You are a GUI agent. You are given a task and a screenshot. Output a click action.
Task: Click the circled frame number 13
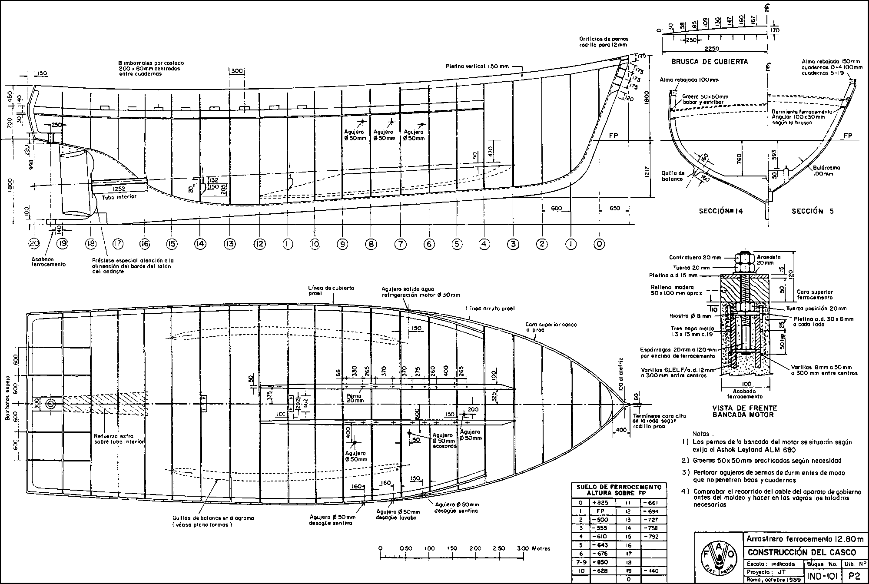(x=229, y=244)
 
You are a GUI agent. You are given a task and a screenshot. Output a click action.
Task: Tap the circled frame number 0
(x=600, y=244)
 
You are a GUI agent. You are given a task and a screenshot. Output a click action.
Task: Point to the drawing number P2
(x=854, y=576)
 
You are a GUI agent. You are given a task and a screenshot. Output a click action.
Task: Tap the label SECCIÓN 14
(x=721, y=211)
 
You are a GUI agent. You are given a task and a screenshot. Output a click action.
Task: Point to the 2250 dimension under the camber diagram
(x=713, y=48)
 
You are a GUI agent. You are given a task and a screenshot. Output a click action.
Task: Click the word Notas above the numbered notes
(x=701, y=434)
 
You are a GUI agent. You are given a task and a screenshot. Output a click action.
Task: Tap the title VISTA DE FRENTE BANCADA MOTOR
(x=744, y=411)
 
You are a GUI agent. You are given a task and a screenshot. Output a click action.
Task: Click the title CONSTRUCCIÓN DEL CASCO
(x=801, y=553)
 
